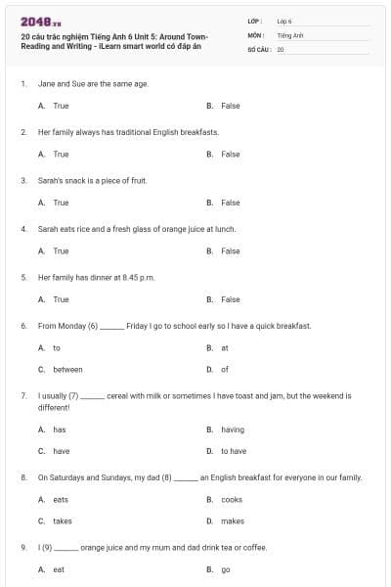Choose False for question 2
click(x=230, y=154)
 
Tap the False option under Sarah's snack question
click(x=230, y=203)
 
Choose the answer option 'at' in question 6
click(x=225, y=347)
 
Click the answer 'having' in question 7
click(x=233, y=429)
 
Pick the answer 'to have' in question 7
click(x=234, y=451)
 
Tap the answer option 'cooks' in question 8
click(x=232, y=499)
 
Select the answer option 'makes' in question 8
click(x=233, y=520)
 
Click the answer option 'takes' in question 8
click(x=63, y=520)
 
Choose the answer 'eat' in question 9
click(x=59, y=568)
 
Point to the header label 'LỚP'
click(x=254, y=20)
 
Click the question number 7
click(x=23, y=396)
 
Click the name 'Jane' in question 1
click(x=46, y=84)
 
